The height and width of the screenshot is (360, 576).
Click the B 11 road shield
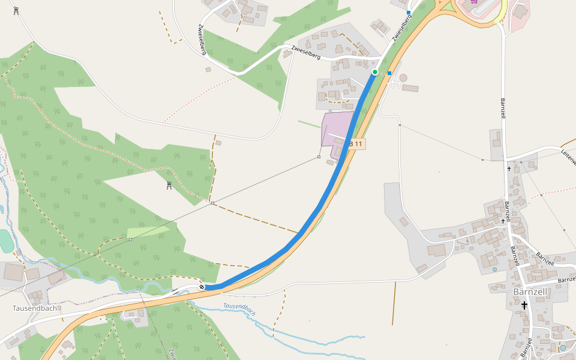pos(356,144)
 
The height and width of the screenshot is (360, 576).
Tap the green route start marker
pos(375,72)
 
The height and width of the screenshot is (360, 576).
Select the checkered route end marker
pos(202,287)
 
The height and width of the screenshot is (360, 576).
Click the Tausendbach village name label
pos(35,308)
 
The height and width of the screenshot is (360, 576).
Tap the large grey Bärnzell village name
pos(530,292)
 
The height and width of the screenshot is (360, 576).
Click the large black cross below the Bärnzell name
pos(524,305)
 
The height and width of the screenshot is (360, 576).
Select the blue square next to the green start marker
pos(389,73)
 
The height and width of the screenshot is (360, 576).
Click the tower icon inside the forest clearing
pos(169,185)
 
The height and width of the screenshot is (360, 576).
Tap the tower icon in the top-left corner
pos(16,10)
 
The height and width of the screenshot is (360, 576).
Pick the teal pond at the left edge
pos(5,241)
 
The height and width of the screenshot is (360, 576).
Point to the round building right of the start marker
pos(403,77)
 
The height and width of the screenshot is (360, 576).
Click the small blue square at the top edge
pos(409,13)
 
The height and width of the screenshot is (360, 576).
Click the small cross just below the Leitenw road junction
pos(509,169)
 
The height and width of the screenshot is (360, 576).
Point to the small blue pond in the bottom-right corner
pos(563,347)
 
